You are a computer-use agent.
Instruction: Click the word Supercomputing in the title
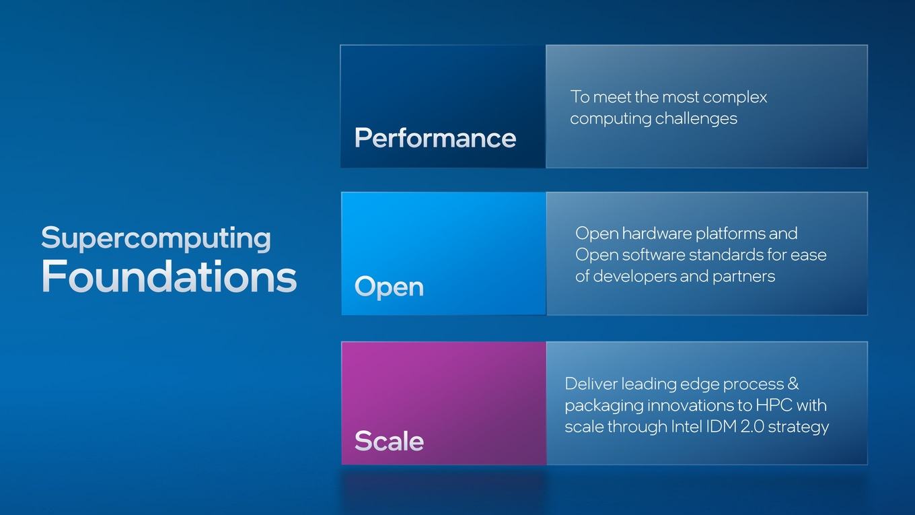pos(155,238)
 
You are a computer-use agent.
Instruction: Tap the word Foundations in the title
pos(169,276)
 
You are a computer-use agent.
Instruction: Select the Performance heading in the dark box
pos(435,138)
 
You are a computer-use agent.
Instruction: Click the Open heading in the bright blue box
pos(389,287)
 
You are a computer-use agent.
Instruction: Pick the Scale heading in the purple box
pos(389,441)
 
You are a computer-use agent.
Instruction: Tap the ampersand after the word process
pos(793,384)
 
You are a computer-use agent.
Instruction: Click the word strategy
pos(799,427)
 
